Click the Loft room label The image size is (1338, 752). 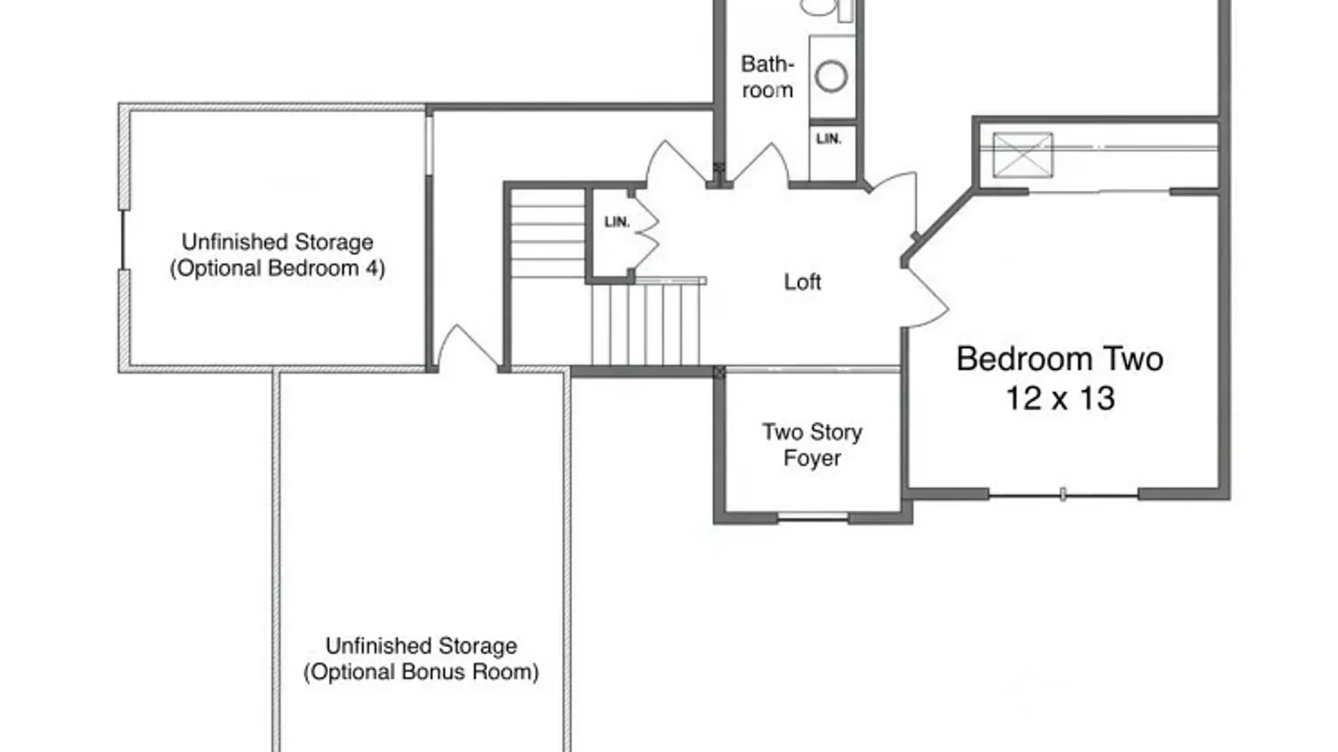[802, 282]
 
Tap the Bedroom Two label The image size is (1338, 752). [1059, 359]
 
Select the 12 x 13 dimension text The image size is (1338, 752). [1060, 398]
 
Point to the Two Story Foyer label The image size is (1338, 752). [812, 445]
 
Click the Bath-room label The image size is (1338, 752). [767, 77]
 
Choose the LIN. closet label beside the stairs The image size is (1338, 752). [617, 222]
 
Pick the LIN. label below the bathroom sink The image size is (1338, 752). [829, 139]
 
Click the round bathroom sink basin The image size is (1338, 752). [831, 76]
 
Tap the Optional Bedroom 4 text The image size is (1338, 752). [277, 269]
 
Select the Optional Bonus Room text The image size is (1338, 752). [421, 673]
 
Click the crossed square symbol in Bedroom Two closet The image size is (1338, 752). [1022, 155]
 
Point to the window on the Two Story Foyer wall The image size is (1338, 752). [813, 517]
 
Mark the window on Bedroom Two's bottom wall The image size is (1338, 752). [1063, 495]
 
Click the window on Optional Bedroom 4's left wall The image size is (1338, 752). [123, 240]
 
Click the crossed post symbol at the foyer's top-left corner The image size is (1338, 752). [719, 373]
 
